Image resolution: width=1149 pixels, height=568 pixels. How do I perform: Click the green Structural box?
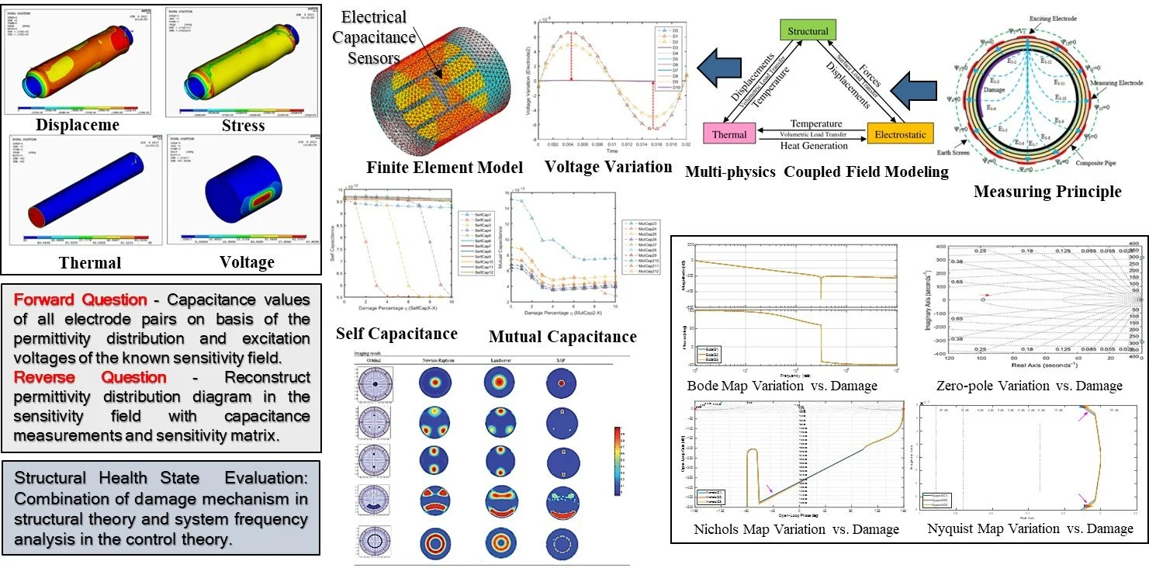tap(808, 32)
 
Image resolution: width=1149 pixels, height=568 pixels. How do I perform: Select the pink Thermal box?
tap(729, 134)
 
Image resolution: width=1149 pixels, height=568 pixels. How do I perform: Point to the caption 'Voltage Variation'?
tap(597, 166)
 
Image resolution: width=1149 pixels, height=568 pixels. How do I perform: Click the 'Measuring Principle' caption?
tap(1047, 191)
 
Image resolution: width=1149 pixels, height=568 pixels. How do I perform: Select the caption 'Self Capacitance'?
tap(396, 334)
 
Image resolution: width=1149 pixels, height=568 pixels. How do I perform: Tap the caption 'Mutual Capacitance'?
tap(562, 336)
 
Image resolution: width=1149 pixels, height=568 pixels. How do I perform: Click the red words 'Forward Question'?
tap(81, 300)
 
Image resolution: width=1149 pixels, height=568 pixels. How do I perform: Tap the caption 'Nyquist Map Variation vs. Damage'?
tap(1030, 528)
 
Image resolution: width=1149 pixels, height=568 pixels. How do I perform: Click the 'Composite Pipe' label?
tap(1095, 165)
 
